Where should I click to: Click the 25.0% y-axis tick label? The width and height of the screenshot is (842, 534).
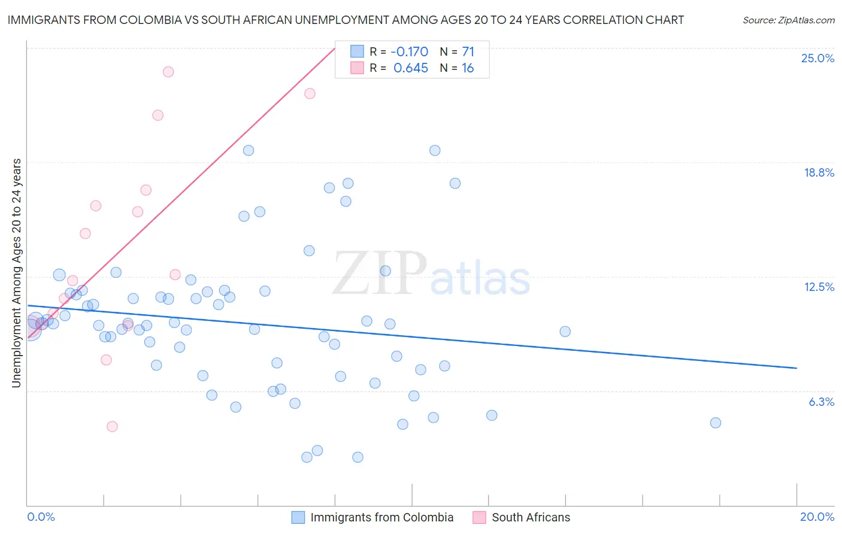(817, 58)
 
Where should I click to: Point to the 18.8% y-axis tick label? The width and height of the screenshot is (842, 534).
(819, 172)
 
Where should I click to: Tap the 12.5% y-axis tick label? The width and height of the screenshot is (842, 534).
(819, 287)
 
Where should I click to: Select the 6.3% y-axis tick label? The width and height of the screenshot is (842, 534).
(821, 402)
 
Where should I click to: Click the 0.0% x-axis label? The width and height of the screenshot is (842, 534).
(41, 517)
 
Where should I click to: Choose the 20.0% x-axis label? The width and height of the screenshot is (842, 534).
(817, 517)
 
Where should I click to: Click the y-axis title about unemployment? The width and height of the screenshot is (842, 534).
(16, 273)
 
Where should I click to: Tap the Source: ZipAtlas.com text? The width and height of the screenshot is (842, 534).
(788, 20)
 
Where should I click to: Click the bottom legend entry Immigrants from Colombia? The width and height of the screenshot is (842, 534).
(381, 517)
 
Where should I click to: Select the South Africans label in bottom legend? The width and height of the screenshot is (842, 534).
(531, 517)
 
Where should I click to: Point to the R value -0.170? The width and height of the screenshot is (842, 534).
(410, 51)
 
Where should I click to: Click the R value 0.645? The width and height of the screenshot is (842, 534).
(411, 68)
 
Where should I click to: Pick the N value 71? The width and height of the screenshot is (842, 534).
(468, 51)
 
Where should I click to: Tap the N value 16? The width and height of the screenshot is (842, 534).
(468, 68)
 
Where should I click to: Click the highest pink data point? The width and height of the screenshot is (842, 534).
(168, 72)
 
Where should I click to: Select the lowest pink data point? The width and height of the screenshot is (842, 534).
(112, 427)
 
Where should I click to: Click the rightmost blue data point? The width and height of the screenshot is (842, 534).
(715, 423)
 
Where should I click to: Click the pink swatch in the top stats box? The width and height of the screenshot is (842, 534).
(357, 68)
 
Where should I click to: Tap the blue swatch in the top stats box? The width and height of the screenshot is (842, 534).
(357, 51)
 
